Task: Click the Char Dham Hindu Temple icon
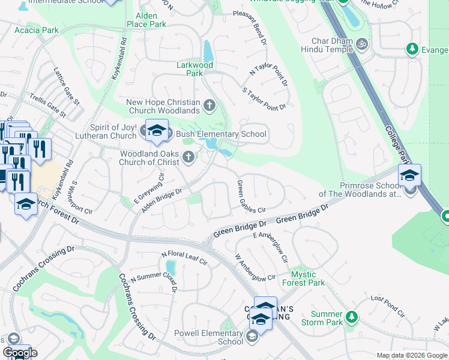point(362,44)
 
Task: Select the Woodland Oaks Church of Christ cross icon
point(189,158)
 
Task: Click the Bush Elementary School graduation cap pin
point(157,130)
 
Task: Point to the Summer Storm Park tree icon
point(352,316)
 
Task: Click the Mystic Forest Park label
point(303,278)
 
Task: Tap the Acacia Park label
point(37,30)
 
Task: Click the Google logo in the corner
point(19,353)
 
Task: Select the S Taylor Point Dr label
point(263,99)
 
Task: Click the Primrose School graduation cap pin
point(409,176)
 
